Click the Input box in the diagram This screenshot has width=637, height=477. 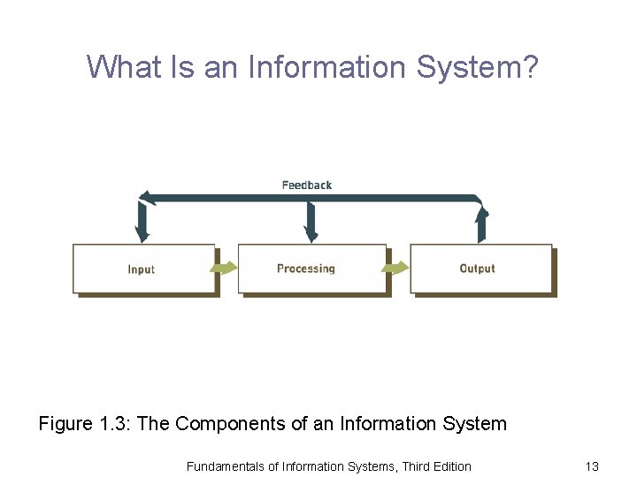tap(144, 269)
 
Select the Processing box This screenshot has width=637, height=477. tap(311, 269)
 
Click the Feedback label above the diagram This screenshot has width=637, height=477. tap(307, 185)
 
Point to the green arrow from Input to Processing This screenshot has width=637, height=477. tap(226, 267)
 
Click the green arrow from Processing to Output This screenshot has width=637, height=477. tap(398, 267)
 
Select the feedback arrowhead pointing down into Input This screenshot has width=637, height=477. tap(142, 231)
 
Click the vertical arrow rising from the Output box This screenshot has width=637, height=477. tap(481, 225)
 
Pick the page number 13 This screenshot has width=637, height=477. tap(592, 466)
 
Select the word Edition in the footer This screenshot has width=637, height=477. tap(449, 466)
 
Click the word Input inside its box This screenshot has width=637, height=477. tap(142, 269)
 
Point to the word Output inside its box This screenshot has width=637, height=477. tap(478, 269)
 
